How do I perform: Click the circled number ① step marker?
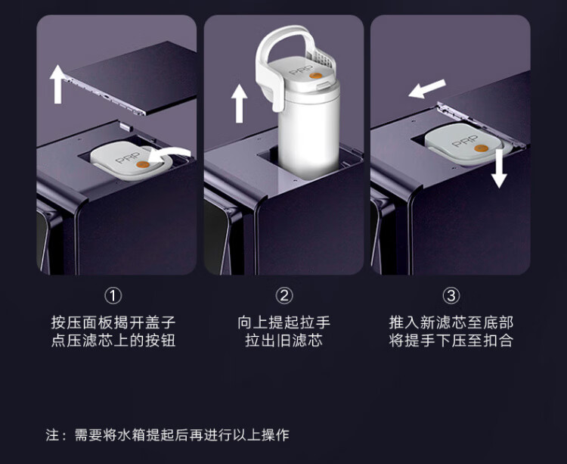coord(113,296)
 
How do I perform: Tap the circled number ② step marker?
coord(283,296)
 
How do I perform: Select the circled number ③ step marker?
coord(451,296)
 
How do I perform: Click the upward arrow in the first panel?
coord(57,84)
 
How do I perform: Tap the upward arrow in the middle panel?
coord(239,103)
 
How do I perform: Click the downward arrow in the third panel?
coord(499,169)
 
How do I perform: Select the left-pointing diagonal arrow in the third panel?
coord(427,89)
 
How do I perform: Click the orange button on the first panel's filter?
coord(142,165)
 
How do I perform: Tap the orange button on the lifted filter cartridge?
coord(315,76)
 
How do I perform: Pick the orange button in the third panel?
coord(481,148)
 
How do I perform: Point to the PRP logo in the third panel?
coord(465,141)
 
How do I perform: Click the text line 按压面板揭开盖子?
coord(113,322)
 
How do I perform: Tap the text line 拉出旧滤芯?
coord(283,341)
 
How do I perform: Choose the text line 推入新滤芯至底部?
coord(451,322)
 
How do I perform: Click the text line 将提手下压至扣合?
coord(451,341)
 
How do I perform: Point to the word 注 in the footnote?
coord(52,434)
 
